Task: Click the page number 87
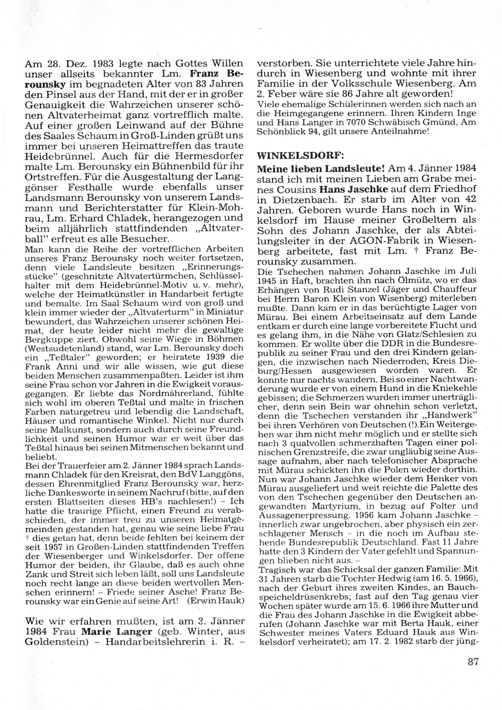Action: (x=473, y=662)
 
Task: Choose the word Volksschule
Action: (x=375, y=83)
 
